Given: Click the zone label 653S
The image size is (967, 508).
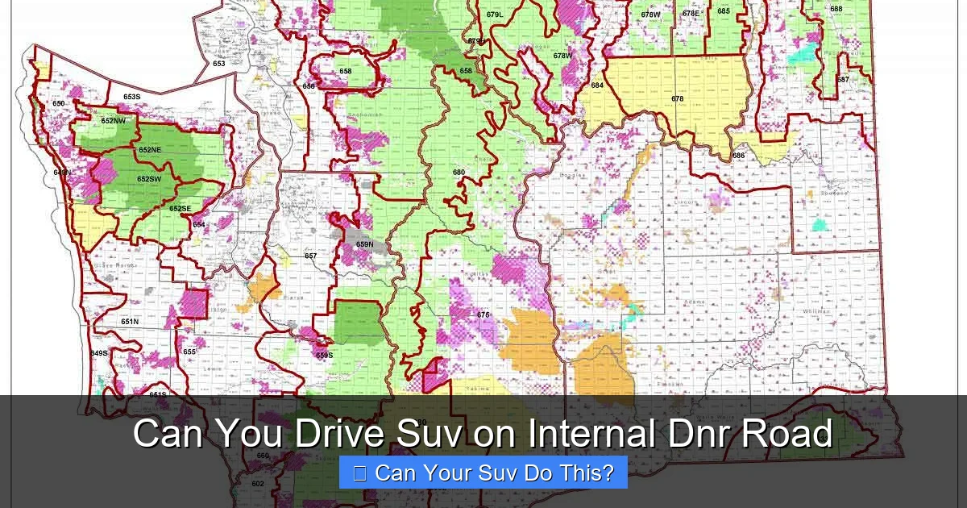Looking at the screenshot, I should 132,97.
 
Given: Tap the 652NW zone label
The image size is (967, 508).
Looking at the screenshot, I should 113,121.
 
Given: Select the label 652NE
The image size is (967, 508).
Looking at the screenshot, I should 150,150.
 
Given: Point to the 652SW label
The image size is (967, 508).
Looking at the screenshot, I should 148,179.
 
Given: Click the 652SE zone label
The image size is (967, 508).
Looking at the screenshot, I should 181,209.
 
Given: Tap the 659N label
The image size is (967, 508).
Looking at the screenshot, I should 365,244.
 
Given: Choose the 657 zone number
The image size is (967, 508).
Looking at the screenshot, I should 311,256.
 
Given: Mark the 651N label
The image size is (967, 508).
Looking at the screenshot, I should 130,321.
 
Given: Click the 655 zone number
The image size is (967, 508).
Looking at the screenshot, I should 189,352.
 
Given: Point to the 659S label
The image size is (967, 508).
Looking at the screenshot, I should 324,355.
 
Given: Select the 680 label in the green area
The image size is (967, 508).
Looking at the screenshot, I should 459,173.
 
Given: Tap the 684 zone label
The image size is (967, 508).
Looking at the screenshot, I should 597,85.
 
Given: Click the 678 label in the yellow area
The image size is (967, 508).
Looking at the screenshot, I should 678,99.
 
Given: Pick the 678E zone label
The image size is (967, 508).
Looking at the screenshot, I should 691,13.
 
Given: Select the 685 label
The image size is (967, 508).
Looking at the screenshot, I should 724,10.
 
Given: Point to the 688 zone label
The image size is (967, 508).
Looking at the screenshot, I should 836,9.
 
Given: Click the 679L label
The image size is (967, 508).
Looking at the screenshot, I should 495,15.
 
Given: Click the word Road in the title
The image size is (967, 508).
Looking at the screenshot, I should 786,434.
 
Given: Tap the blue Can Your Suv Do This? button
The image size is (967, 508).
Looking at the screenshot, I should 483,473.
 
